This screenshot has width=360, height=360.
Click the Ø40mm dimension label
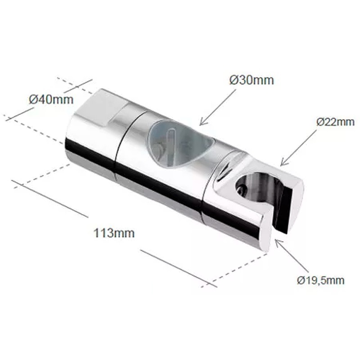[51, 100]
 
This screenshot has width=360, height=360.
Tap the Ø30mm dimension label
[252, 81]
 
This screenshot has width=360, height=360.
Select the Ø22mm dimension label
[335, 122]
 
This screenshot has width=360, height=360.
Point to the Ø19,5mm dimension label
[320, 280]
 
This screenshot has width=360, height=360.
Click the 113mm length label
[114, 233]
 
